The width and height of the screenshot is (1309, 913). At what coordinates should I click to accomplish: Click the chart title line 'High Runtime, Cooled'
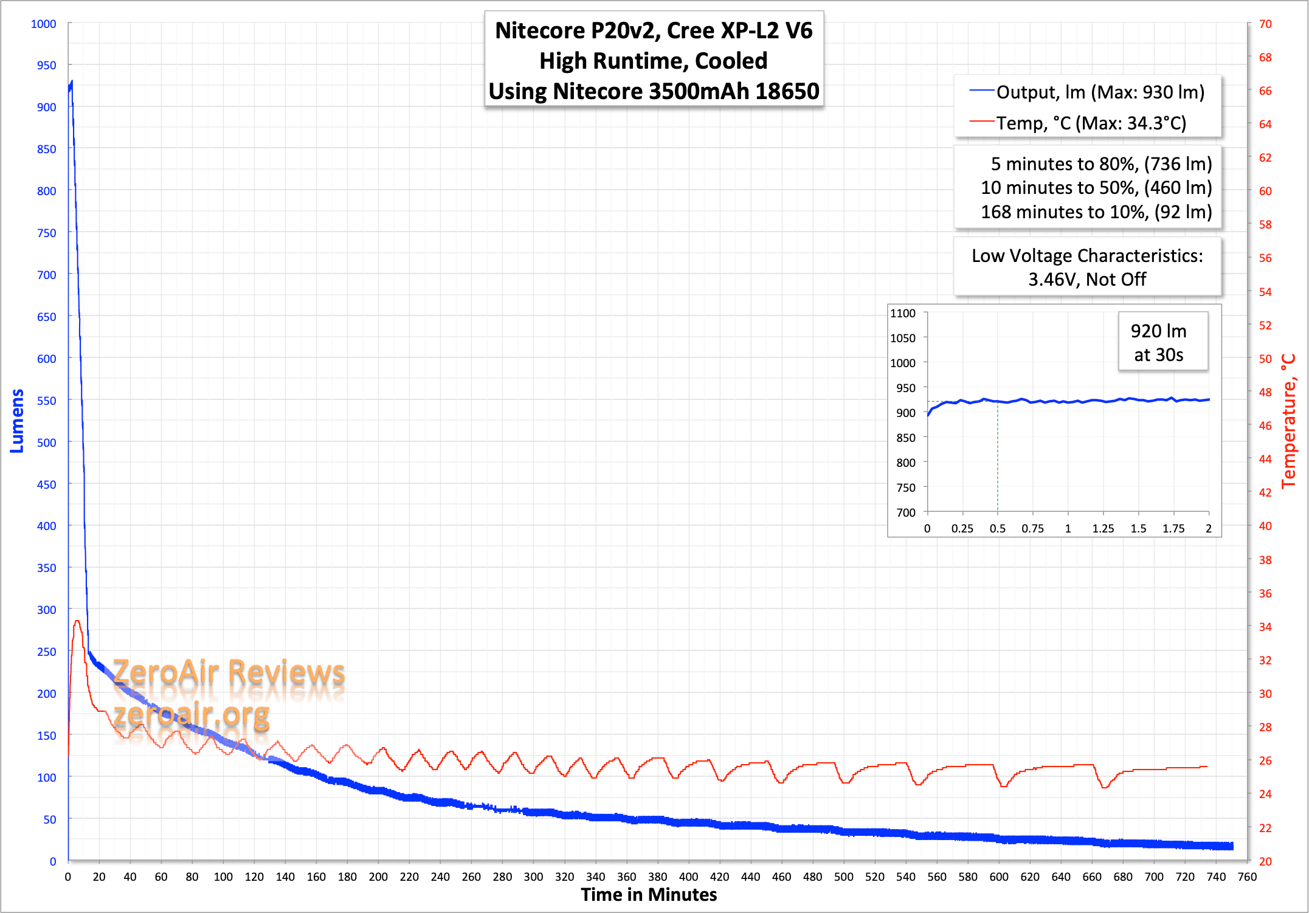[653, 61]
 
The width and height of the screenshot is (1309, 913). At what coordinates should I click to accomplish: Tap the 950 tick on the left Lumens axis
[46, 65]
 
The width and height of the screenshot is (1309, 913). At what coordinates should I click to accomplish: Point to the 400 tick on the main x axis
[688, 877]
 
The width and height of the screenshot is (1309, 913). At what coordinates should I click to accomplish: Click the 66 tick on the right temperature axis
[1265, 91]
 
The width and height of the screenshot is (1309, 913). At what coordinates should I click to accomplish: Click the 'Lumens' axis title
[17, 421]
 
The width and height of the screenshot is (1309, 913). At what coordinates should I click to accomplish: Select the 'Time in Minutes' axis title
[649, 895]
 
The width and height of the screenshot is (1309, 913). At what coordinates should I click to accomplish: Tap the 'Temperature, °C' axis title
[1288, 421]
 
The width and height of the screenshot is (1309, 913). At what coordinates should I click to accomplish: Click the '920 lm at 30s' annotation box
[1158, 342]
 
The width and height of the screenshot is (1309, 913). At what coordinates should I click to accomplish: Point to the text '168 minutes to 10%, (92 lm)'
[1096, 212]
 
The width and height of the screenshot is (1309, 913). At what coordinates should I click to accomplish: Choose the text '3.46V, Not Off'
[1086, 279]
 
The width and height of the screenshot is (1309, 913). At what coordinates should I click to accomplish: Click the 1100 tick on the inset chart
[902, 313]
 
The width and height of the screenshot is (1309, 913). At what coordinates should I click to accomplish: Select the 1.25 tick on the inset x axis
[1103, 528]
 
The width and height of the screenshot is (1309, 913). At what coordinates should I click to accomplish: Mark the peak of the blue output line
[72, 81]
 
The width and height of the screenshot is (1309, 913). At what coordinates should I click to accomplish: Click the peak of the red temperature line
[77, 621]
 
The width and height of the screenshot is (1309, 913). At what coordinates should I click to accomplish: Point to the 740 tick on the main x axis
[1216, 877]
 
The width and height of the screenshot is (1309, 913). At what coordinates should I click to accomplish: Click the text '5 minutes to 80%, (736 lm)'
[1101, 164]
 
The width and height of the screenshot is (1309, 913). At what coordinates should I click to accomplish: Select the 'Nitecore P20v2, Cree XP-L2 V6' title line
[654, 30]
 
